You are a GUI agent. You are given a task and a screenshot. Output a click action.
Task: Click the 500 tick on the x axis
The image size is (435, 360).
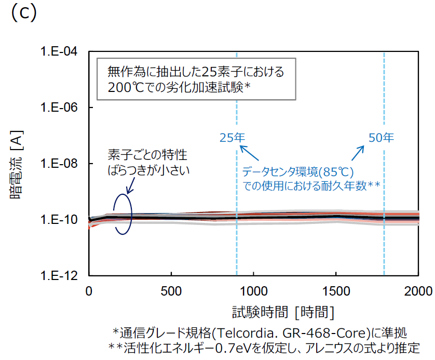[x=171, y=289]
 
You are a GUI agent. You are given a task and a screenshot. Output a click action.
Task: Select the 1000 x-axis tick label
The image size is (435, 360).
[x=253, y=289]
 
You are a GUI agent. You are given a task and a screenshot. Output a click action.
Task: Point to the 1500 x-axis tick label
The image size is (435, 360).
[x=336, y=289]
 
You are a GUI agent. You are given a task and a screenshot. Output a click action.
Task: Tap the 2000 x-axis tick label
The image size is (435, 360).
[x=418, y=289]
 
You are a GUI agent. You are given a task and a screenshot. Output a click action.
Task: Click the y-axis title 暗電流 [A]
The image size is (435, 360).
[x=16, y=164]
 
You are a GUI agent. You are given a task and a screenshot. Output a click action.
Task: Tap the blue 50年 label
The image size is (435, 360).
[x=381, y=138]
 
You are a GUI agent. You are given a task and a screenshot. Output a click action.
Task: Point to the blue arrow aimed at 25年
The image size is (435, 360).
[x=248, y=155]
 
